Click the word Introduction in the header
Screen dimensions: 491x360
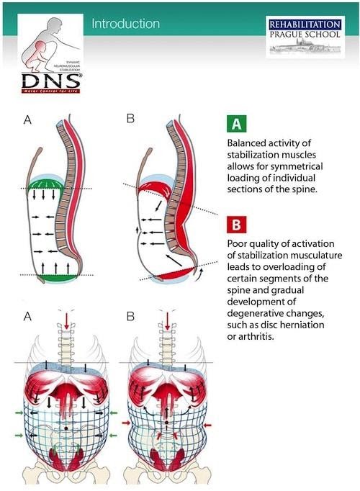tap(125, 24)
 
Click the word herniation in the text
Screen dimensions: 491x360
tap(302, 325)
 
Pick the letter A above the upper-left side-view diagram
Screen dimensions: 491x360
tap(27, 119)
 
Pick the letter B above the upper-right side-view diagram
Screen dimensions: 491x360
tap(130, 119)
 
